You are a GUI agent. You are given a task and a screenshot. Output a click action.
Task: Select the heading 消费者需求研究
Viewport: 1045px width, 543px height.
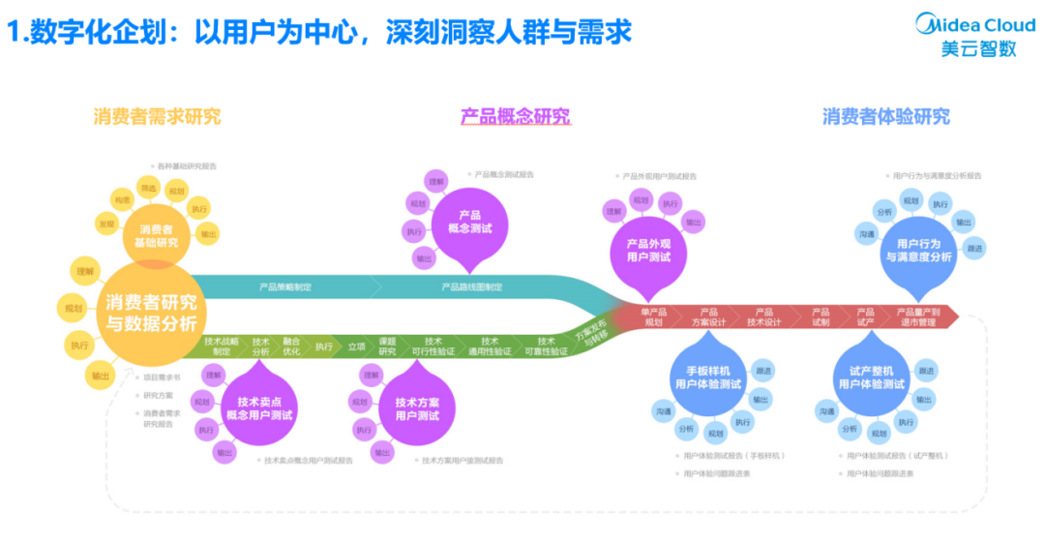click(x=157, y=116)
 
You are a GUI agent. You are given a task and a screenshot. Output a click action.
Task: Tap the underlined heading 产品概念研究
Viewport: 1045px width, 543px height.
click(x=515, y=117)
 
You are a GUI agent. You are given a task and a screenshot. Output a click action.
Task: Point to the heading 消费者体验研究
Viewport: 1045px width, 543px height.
click(x=885, y=116)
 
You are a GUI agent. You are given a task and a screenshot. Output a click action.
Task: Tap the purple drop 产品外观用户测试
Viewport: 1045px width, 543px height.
click(x=647, y=250)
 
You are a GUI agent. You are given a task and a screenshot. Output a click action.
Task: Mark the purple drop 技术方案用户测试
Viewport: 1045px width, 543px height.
click(x=417, y=408)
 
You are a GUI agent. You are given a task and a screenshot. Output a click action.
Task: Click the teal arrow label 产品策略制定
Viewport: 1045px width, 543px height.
click(x=284, y=287)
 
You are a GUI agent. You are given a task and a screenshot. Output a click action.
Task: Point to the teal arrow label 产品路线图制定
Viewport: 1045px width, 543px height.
click(x=471, y=287)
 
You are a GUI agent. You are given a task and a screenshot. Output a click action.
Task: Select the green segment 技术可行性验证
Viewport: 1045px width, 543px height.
click(x=433, y=347)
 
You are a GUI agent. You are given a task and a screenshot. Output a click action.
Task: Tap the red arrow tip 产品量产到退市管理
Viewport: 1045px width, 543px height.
click(x=916, y=317)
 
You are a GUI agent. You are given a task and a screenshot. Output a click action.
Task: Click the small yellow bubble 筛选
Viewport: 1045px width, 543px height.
click(x=149, y=187)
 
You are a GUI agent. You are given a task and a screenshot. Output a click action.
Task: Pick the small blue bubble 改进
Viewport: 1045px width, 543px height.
click(x=973, y=249)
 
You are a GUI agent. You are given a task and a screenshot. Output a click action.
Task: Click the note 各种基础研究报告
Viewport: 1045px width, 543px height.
click(x=186, y=166)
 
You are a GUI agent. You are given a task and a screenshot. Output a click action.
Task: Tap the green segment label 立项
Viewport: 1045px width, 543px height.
click(x=356, y=346)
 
